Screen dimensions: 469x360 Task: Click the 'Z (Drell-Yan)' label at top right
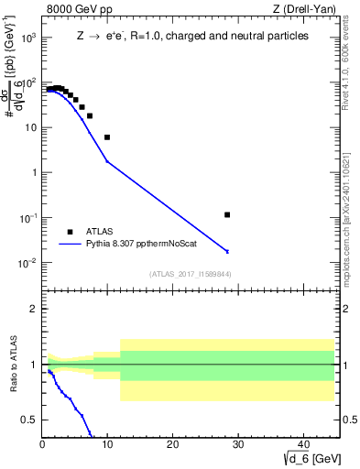309,9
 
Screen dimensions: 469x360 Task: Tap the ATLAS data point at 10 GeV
107,137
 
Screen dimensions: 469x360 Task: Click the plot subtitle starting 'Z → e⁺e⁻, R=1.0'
191,36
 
